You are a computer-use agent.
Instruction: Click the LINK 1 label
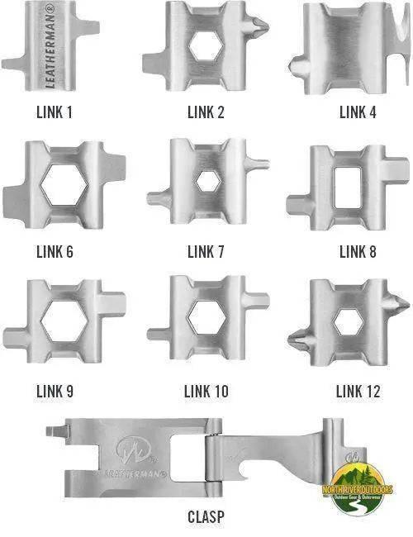point(54,112)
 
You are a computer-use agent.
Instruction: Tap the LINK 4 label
point(358,112)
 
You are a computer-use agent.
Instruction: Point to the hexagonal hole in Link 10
point(205,318)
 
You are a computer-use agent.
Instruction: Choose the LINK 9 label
point(54,391)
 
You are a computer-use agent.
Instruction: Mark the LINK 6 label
point(54,251)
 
